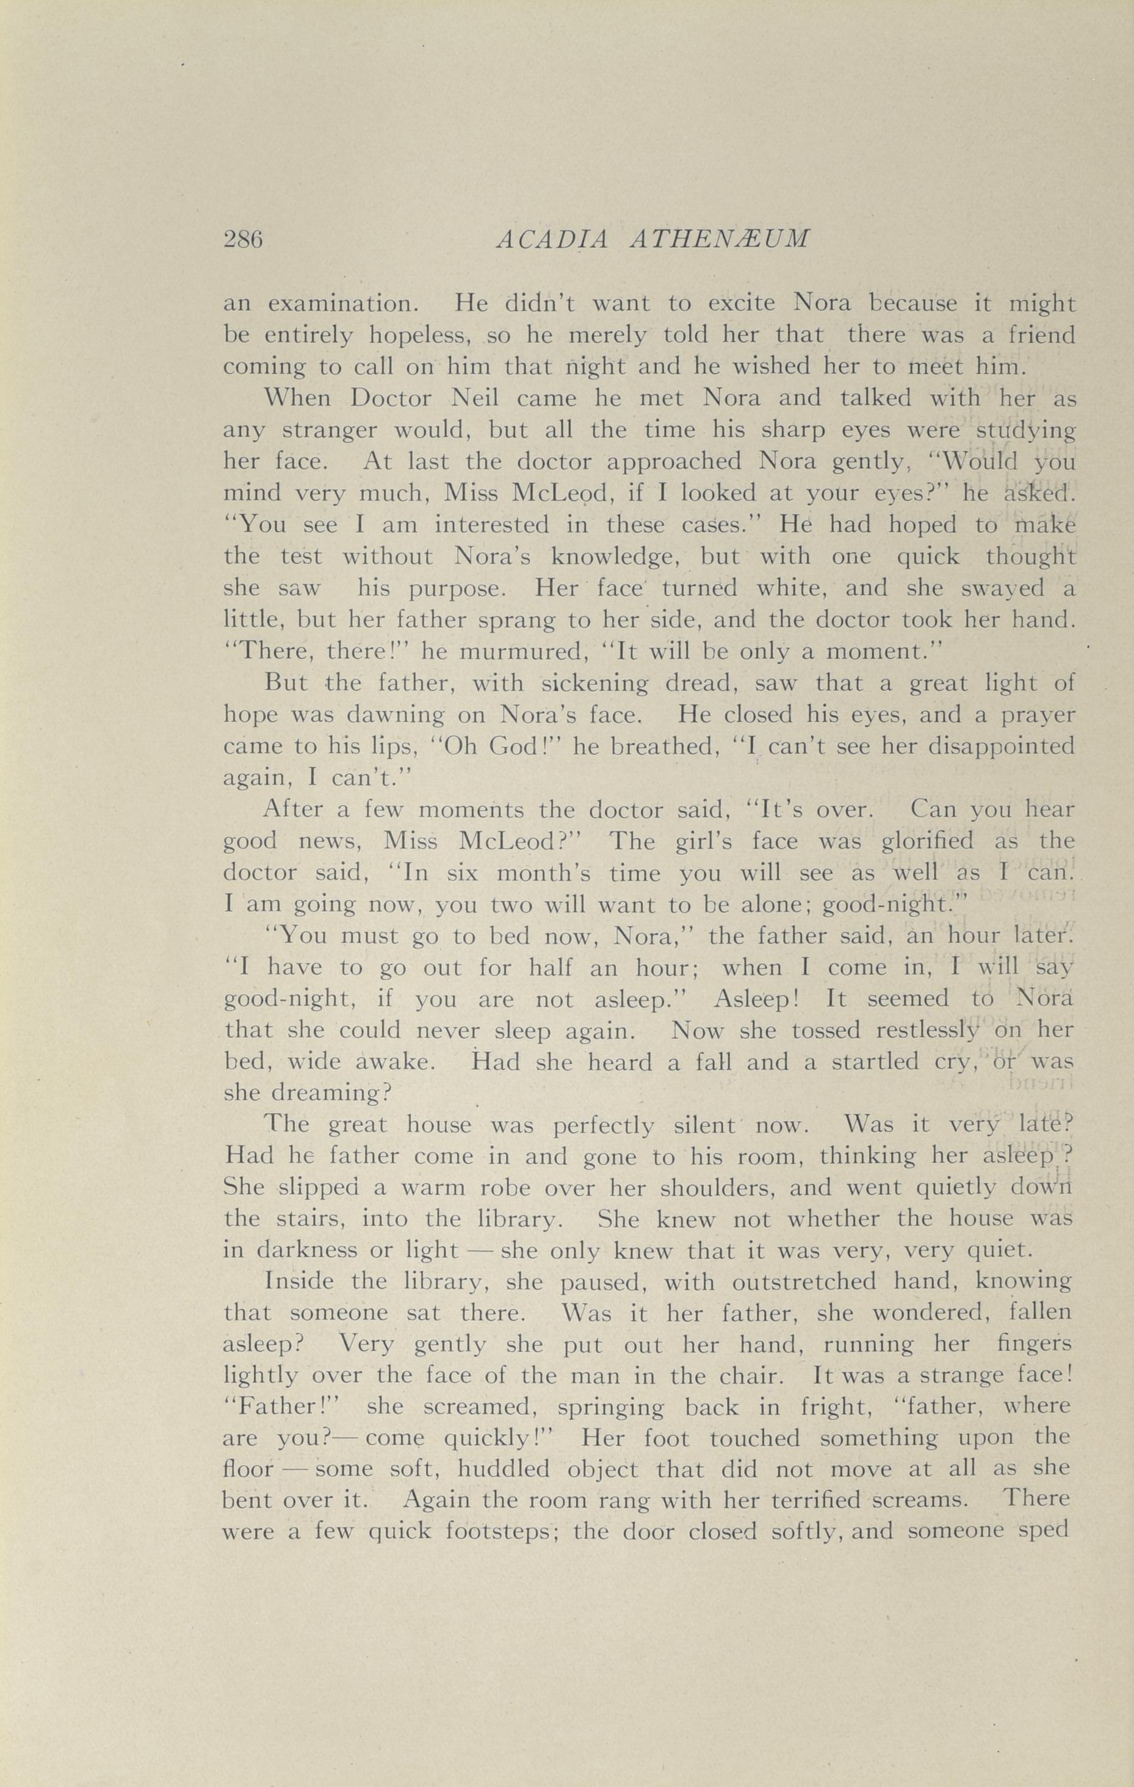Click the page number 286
point(244,240)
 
